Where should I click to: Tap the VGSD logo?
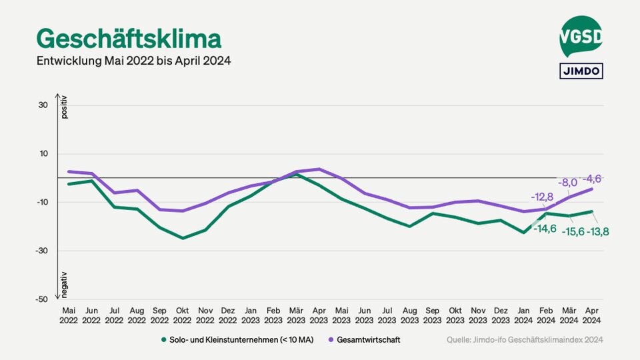[581, 37]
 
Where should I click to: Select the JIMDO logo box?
[581, 71]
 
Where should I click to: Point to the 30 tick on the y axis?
[43, 105]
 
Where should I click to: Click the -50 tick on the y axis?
[41, 299]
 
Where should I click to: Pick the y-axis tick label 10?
[43, 154]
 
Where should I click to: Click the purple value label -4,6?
[592, 179]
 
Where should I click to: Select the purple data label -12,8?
[543, 197]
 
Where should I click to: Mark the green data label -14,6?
[545, 229]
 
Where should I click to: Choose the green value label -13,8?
[597, 232]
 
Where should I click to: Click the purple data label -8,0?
[567, 182]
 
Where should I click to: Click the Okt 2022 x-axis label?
[183, 315]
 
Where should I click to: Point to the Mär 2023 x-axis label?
[296, 315]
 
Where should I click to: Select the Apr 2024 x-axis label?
[591, 315]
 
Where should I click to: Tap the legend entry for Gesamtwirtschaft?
[368, 340]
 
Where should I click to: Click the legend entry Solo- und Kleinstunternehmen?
[241, 340]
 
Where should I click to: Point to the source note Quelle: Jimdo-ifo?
[525, 340]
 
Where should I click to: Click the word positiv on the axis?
[65, 108]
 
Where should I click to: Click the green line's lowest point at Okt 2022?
[183, 238]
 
